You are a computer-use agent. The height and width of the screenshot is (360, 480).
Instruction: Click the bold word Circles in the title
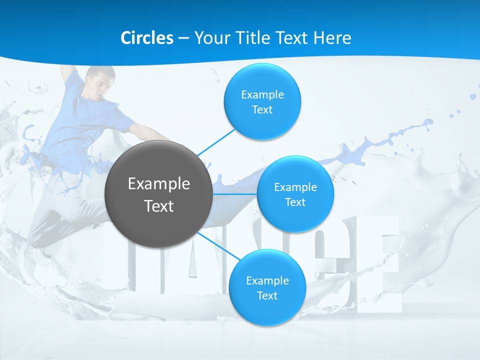point(146,38)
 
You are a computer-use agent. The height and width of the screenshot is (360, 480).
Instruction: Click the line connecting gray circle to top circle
point(216,141)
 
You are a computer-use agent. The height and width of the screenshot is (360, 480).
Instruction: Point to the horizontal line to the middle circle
point(235,193)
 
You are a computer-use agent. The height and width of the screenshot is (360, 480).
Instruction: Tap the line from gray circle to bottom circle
point(220,247)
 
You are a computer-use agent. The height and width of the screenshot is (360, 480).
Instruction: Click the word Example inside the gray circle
point(158,184)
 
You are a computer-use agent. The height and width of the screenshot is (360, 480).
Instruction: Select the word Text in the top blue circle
point(262,110)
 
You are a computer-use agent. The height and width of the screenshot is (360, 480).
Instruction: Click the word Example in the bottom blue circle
point(267,280)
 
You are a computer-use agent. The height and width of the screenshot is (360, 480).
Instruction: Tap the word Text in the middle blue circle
point(295,202)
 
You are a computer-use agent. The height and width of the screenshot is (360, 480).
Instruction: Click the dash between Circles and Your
point(183,38)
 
